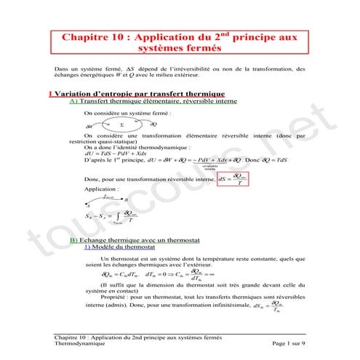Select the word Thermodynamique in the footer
[x=81, y=343]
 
